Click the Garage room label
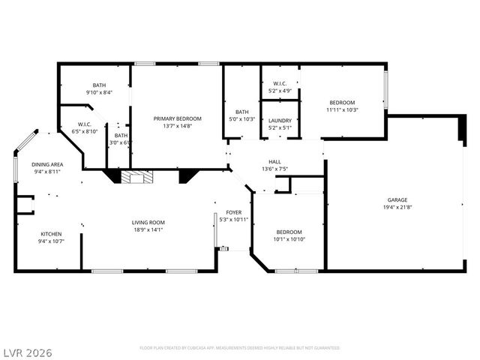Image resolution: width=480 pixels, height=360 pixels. [397, 200]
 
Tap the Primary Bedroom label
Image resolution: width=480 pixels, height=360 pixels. [178, 118]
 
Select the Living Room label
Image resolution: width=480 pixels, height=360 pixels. [148, 222]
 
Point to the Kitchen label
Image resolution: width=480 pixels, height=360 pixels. [51, 234]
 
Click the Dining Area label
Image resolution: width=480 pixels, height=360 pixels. [46, 164]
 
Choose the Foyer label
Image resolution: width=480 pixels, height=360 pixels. [233, 212]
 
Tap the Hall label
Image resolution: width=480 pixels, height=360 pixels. [274, 161]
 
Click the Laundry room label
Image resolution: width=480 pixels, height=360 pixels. [280, 120]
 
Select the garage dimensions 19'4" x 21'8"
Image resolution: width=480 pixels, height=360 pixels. [397, 208]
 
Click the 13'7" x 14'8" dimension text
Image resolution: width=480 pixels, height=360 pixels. [178, 126]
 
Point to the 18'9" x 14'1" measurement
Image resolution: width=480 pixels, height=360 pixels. [148, 229]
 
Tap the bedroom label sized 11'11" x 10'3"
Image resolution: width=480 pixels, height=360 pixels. [342, 103]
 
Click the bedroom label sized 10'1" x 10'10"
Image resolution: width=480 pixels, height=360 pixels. [289, 232]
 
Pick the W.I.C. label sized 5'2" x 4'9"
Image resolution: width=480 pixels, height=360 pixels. [280, 83]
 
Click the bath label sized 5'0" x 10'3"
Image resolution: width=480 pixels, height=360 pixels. [241, 112]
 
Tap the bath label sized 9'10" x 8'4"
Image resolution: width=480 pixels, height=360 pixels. [99, 85]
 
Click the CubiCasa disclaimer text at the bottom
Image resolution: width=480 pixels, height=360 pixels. [240, 348]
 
